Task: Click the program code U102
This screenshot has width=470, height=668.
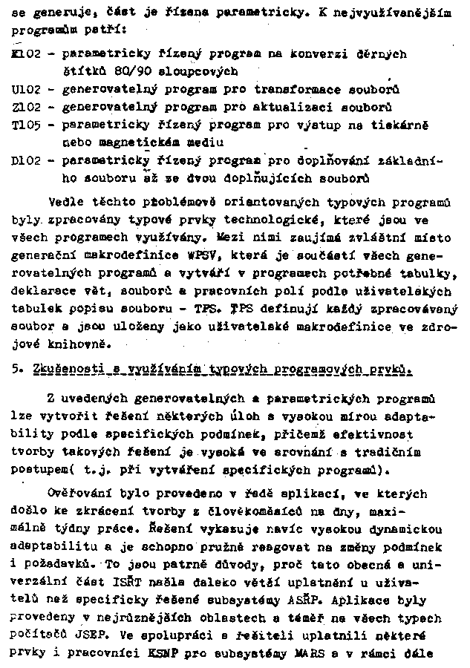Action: pyautogui.click(x=27, y=90)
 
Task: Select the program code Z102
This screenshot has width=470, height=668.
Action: pyautogui.click(x=27, y=107)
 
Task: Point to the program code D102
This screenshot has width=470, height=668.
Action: pyautogui.click(x=27, y=160)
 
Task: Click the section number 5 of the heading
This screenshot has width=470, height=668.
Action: pyautogui.click(x=16, y=369)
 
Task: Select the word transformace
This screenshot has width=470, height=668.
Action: pyautogui.click(x=299, y=90)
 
